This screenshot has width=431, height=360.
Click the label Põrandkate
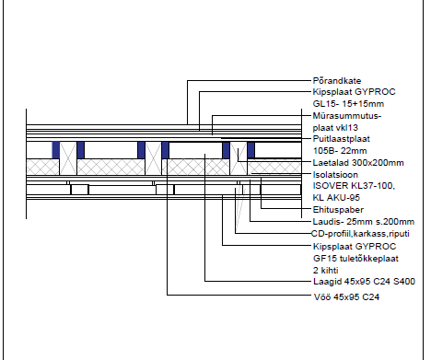pos(337,81)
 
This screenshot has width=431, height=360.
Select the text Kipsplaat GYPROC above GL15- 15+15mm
pos(354,92)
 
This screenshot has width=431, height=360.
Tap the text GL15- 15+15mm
pos(348,104)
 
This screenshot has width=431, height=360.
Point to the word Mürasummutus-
pos(347,116)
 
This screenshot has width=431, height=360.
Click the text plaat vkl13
pos(335,128)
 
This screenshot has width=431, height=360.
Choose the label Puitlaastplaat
pos(342,139)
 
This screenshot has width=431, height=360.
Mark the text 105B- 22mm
pos(340,151)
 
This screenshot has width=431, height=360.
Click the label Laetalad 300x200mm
pos(358,163)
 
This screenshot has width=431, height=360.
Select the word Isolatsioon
pos(335,175)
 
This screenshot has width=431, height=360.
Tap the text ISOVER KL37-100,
pos(354,186)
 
